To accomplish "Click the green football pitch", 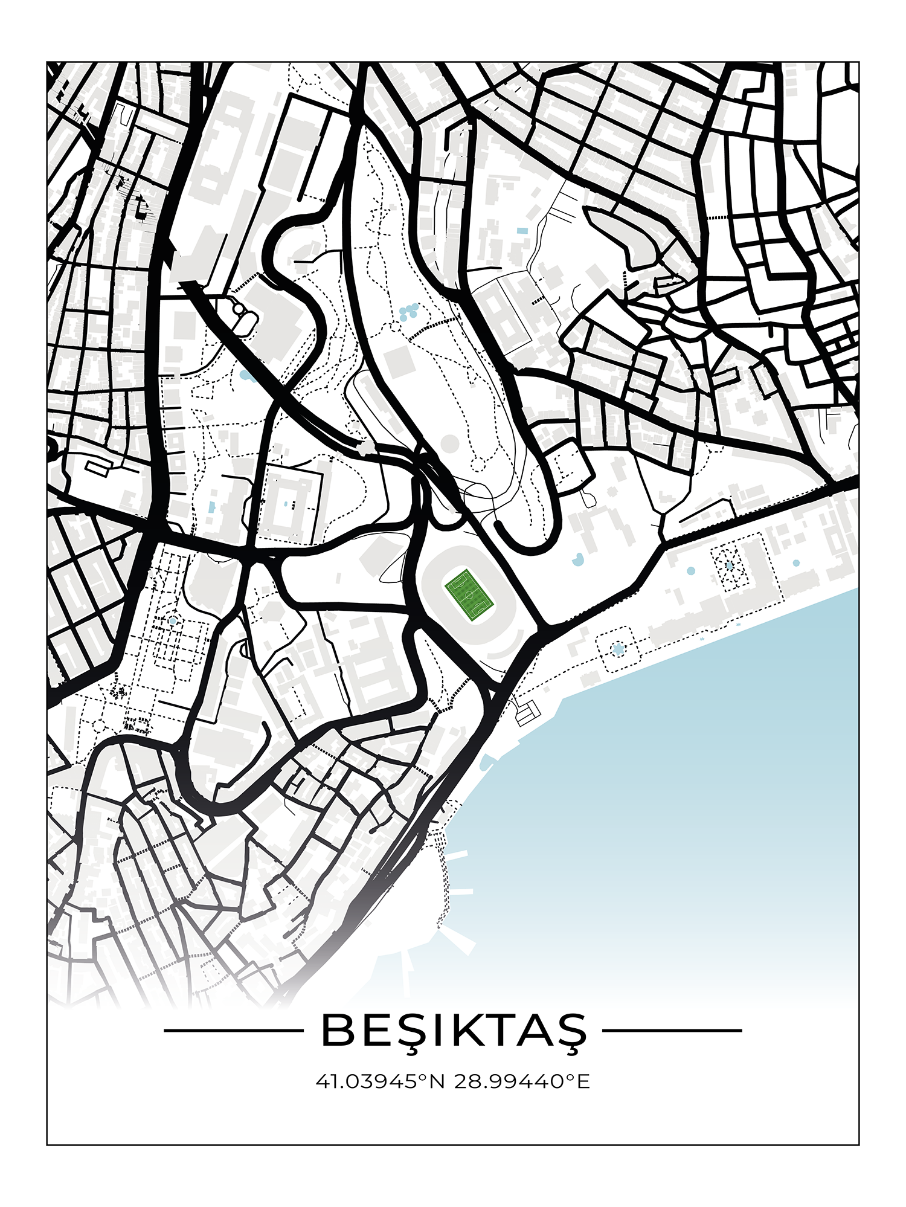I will pos(469,594).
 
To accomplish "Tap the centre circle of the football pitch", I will pos(469,594).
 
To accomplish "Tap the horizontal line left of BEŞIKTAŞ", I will pos(233,1031).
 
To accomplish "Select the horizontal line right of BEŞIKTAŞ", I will pos(672,1031).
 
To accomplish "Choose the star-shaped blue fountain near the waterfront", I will pos(617,649).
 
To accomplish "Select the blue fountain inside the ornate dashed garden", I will pos(730,565).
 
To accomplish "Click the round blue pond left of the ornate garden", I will pos(690,571).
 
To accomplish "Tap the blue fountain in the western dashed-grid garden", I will pos(173,620).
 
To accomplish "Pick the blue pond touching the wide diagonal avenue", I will pos(245,376).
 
